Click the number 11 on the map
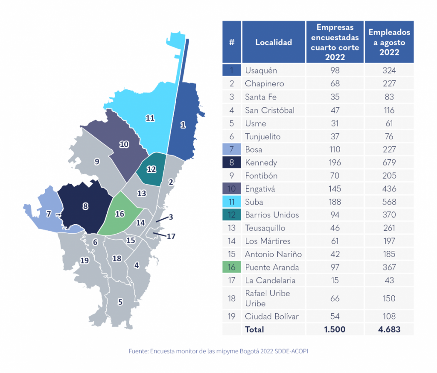coord(150,118)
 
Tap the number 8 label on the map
coord(85,206)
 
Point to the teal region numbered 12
coord(151,169)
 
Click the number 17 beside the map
coord(171,236)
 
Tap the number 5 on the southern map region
coord(120,302)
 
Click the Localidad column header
coord(274,42)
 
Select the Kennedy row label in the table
coord(261,163)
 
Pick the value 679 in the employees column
coord(389,163)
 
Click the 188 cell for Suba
coord(335,202)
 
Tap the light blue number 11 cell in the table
coord(232,202)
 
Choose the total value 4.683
coord(389,329)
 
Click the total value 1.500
coord(335,329)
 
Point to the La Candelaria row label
coord(270,281)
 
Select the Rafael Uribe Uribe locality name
coord(267,298)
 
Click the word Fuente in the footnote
coord(138,351)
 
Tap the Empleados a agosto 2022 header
coord(389,42)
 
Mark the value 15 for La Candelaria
coord(335,281)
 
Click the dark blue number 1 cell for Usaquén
coord(232,70)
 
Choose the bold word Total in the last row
coord(254,329)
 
